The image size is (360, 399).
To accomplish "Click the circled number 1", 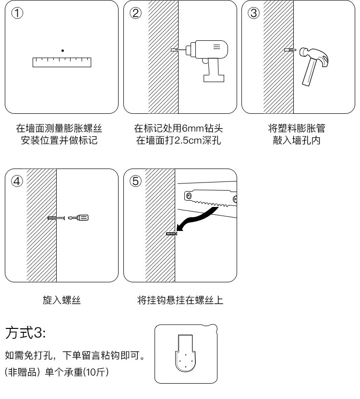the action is tap(18, 13).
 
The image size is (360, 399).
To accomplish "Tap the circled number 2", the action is tap(136, 13).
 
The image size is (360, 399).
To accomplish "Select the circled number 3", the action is tap(253, 13).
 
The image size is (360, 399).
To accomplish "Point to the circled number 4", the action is tap(18, 181).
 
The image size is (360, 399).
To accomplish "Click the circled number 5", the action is tap(136, 181).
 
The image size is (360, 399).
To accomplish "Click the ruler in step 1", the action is tap(62, 62).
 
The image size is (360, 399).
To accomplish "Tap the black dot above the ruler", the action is tap(62, 50).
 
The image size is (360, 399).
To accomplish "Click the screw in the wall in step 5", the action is tap(171, 233).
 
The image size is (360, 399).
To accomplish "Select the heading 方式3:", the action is tap(25, 332).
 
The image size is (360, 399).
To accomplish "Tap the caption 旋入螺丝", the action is tap(62, 301).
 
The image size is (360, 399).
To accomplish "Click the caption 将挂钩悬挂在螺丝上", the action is tap(180, 301).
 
